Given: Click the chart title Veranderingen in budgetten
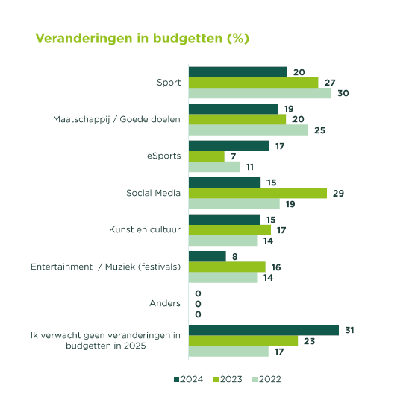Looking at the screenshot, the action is click(x=142, y=39).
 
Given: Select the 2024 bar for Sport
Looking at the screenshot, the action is click(x=237, y=72).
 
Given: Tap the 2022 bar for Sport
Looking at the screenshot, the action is click(x=260, y=93).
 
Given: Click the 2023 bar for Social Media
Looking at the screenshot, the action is click(x=258, y=193).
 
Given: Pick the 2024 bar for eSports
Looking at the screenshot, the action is click(x=228, y=146).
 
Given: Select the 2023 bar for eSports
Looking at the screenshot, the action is click(x=207, y=156).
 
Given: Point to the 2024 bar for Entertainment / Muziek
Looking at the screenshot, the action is click(x=207, y=256).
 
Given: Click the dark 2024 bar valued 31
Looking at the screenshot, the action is click(x=263, y=330).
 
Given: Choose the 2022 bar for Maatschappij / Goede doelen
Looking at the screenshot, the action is click(x=249, y=130).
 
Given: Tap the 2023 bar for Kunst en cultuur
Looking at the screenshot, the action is click(x=230, y=230).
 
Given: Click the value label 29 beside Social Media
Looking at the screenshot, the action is click(x=338, y=194).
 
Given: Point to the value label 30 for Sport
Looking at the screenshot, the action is click(x=343, y=93).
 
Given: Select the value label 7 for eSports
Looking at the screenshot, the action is click(x=233, y=156).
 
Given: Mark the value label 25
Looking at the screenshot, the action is click(x=319, y=130).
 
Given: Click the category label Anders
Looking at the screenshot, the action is click(x=165, y=303).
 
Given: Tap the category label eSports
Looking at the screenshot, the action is click(x=163, y=156).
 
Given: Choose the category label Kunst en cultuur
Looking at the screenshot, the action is click(x=145, y=229).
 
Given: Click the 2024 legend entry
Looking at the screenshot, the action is click(x=188, y=379).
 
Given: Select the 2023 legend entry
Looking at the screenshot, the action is click(x=228, y=379).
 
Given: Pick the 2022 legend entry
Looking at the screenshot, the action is click(x=266, y=379).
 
